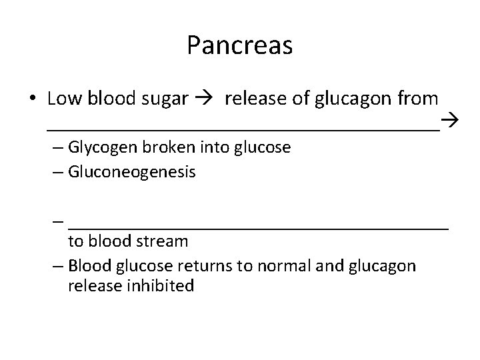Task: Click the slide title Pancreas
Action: (x=239, y=46)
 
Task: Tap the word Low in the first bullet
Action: (x=62, y=99)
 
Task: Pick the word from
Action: (x=417, y=99)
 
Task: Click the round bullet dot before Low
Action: (x=32, y=100)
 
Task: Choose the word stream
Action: (x=163, y=240)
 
